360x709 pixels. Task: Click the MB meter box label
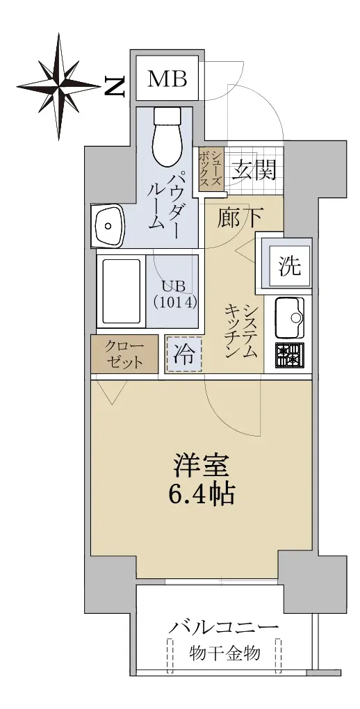pos(167,79)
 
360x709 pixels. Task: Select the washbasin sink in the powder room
pos(108,225)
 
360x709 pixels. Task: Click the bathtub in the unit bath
pos(121,292)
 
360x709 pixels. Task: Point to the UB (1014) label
pos(175,294)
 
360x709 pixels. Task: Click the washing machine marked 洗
pos(289,266)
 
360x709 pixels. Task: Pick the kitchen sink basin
pos(289,317)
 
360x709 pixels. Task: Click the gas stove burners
pos(290,355)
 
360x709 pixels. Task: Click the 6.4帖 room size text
pos(202,496)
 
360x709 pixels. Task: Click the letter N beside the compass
pos(115,86)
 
